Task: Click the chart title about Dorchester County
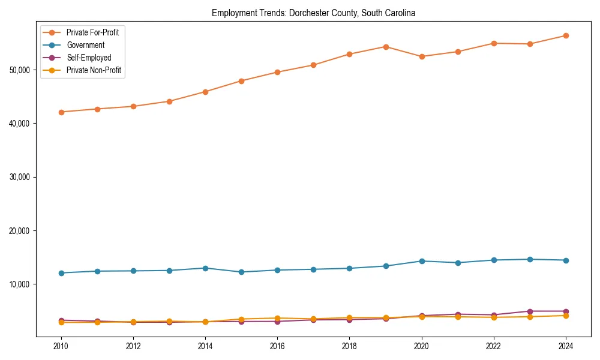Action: click(x=314, y=13)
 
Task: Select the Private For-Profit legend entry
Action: click(x=92, y=32)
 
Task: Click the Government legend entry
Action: click(x=85, y=45)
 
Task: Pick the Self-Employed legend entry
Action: click(x=89, y=58)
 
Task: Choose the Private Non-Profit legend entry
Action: click(x=94, y=70)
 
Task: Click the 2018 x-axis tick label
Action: click(x=350, y=346)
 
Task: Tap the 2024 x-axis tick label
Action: click(x=566, y=346)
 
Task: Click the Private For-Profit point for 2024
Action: click(x=566, y=36)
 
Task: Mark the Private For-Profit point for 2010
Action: click(x=61, y=112)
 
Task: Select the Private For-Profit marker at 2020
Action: click(x=422, y=56)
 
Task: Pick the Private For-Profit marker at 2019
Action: click(x=386, y=47)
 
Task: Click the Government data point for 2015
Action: click(x=241, y=272)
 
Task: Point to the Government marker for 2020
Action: click(x=422, y=261)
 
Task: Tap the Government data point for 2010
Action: click(x=61, y=273)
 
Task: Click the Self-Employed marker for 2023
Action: click(x=530, y=311)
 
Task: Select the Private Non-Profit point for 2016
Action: click(x=277, y=318)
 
